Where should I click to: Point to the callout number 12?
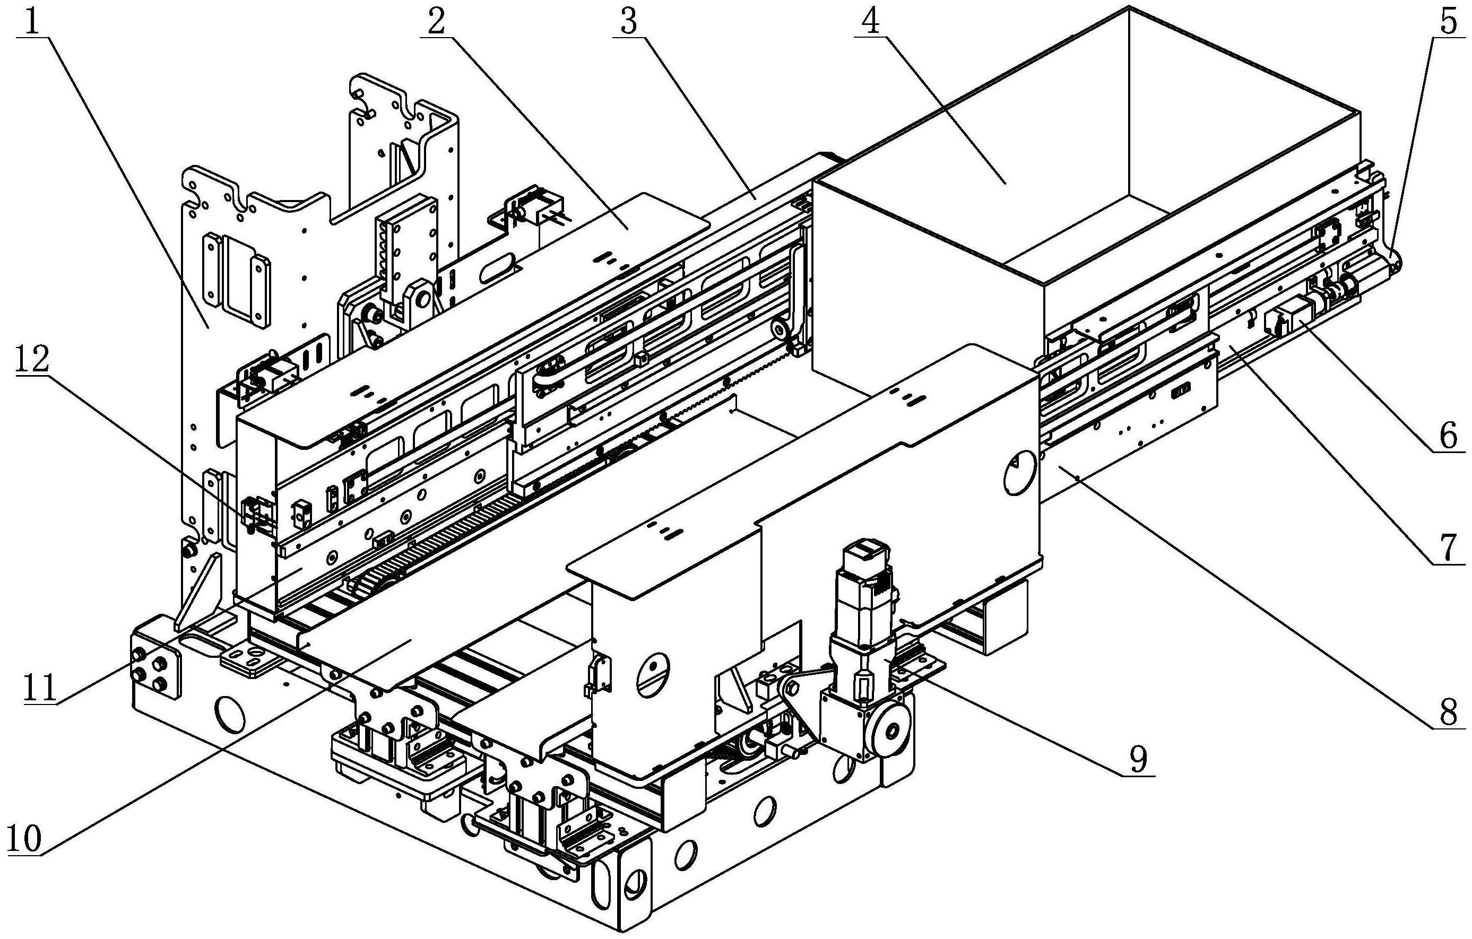click(32, 360)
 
